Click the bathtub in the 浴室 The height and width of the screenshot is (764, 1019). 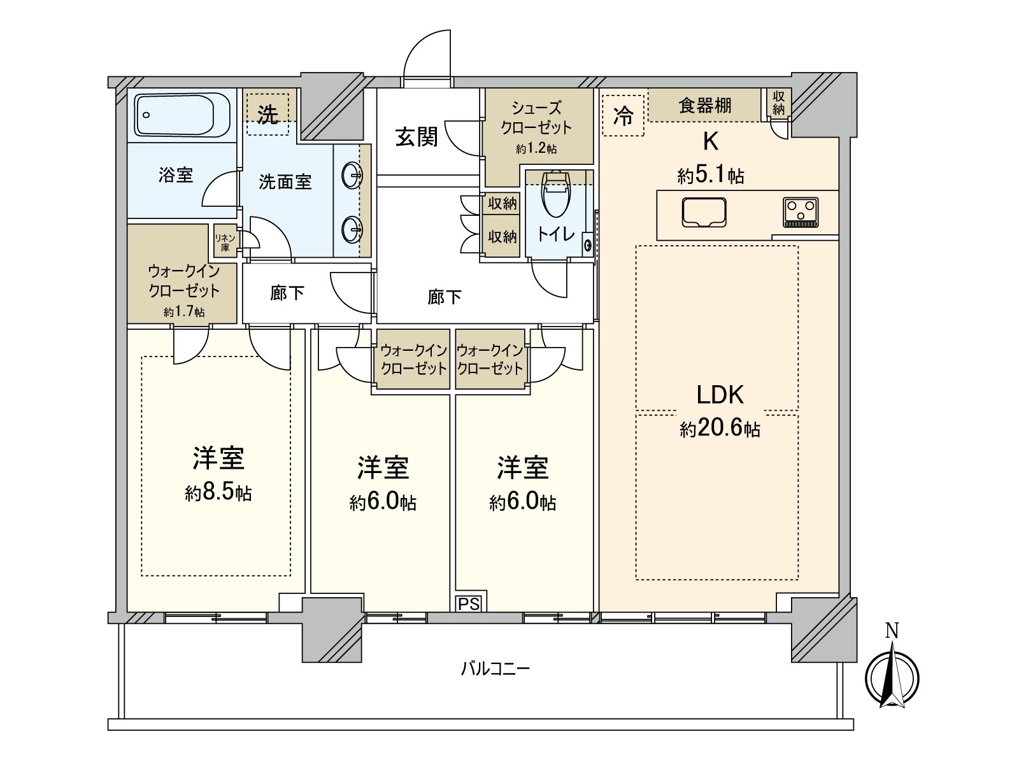[x=182, y=115]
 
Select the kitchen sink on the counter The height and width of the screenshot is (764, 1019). [x=704, y=212]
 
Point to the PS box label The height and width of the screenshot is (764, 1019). [x=469, y=604]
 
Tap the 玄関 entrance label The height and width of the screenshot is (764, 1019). [x=417, y=136]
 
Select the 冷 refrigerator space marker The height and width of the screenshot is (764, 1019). [x=623, y=116]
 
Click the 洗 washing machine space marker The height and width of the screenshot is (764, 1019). [x=267, y=115]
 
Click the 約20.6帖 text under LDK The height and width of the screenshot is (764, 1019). [x=720, y=428]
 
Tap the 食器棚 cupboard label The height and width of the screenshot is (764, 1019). [x=704, y=105]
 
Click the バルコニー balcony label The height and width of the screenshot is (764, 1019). [x=495, y=668]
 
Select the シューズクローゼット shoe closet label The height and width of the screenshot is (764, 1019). [x=536, y=118]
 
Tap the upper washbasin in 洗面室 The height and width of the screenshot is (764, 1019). [x=352, y=173]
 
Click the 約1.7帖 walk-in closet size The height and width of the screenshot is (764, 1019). [x=184, y=312]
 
